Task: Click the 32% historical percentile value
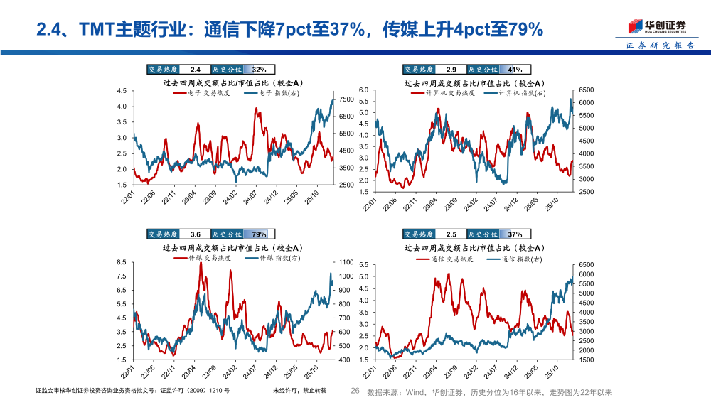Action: click(259, 70)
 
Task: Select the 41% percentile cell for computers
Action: click(515, 70)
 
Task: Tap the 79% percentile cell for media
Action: click(259, 234)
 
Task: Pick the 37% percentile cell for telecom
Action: click(515, 234)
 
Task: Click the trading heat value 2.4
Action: click(196, 70)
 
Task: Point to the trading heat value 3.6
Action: click(196, 234)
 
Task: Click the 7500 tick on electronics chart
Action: click(348, 99)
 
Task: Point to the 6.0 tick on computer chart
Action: click(363, 90)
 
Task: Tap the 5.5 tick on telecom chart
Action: click(363, 265)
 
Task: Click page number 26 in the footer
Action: click(356, 391)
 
